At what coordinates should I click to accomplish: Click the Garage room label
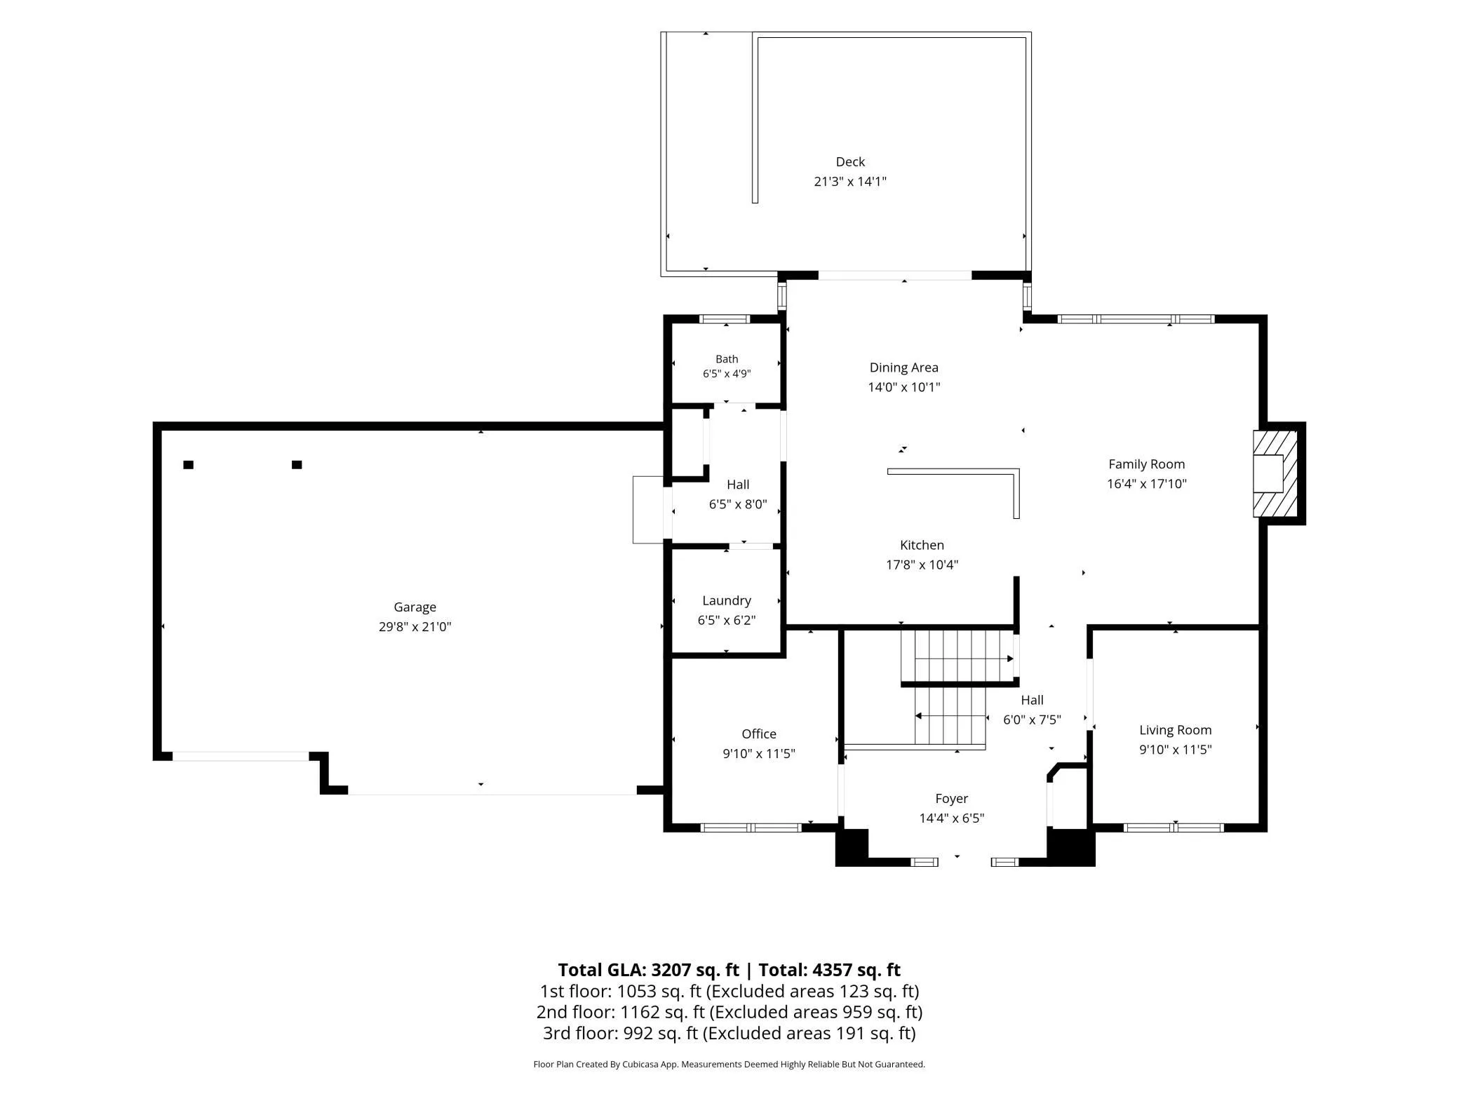(415, 607)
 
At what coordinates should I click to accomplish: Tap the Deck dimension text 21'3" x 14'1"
(850, 182)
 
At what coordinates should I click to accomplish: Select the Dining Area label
(903, 367)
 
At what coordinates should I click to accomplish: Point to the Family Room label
(1146, 464)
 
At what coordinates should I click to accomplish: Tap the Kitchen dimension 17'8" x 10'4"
(922, 565)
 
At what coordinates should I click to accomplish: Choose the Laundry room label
(727, 601)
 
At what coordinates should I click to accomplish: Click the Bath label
(727, 359)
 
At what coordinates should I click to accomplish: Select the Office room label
(759, 734)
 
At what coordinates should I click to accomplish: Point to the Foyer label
(951, 799)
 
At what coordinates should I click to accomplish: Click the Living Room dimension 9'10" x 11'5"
(1175, 750)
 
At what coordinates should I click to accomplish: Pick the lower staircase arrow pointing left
(950, 716)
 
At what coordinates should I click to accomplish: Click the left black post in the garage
(188, 465)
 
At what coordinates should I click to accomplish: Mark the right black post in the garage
(297, 465)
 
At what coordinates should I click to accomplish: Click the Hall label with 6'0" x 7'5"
(1032, 700)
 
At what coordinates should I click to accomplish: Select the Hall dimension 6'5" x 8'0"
(738, 504)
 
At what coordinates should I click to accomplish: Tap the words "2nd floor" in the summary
(574, 1012)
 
